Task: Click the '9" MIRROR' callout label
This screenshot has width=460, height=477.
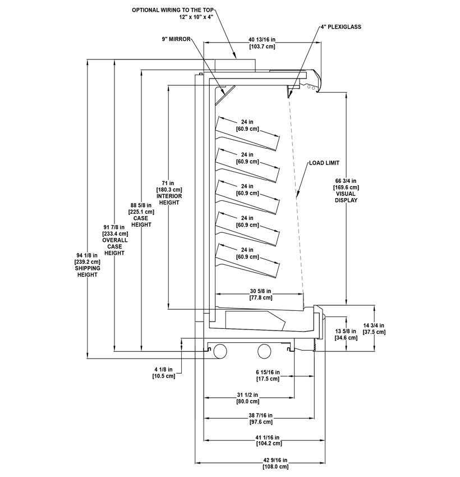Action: pyautogui.click(x=174, y=39)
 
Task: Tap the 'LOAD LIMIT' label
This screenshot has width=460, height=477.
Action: pyautogui.click(x=324, y=163)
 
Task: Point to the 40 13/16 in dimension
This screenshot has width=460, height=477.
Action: pyautogui.click(x=261, y=39)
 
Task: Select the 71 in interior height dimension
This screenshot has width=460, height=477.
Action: pyautogui.click(x=168, y=183)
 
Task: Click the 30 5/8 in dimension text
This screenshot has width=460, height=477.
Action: pyautogui.click(x=260, y=291)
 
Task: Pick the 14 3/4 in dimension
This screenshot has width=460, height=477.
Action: pyautogui.click(x=374, y=325)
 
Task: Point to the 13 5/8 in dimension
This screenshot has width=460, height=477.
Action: pyautogui.click(x=346, y=331)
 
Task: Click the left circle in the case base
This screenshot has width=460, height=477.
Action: pyautogui.click(x=220, y=350)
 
